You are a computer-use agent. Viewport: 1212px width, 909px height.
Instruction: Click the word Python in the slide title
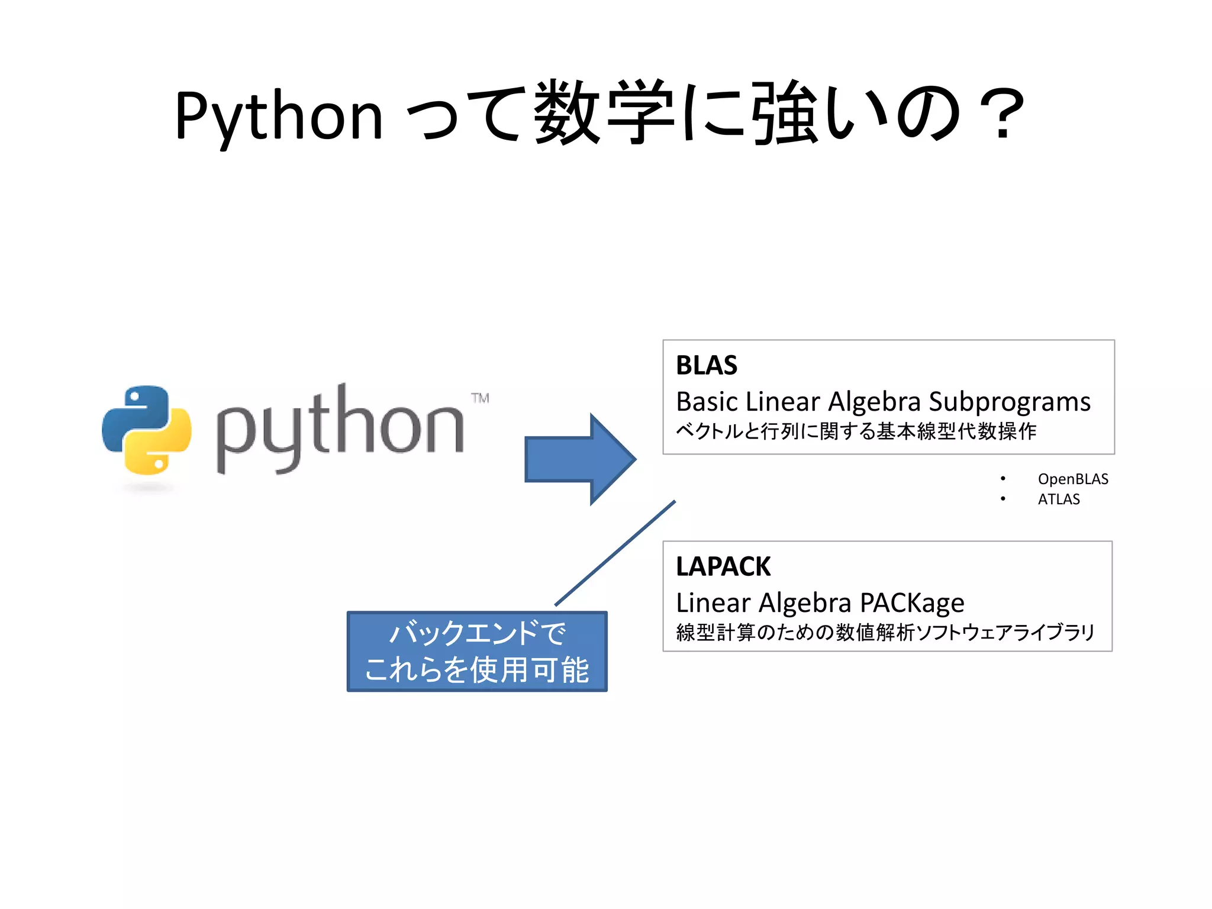(279, 116)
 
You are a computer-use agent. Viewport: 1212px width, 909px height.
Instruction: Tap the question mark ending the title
(1001, 114)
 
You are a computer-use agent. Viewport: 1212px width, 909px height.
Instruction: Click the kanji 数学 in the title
(604, 112)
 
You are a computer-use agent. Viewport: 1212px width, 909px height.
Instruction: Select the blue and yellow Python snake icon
(147, 430)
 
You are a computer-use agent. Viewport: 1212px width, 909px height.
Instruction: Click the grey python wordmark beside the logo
(340, 429)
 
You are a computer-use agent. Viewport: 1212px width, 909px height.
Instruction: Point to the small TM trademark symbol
(480, 398)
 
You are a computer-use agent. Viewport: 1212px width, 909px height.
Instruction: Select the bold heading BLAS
(707, 365)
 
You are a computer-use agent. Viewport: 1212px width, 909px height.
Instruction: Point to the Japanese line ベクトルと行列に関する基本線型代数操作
(856, 431)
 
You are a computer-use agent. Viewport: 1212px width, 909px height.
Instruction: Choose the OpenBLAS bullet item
(1072, 479)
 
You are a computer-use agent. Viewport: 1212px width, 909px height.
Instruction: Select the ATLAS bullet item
(1058, 499)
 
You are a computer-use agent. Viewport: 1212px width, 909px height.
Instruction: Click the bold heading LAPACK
(723, 566)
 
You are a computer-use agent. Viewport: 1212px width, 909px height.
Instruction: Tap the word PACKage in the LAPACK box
(912, 603)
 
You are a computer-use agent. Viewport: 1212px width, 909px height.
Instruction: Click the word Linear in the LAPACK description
(713, 603)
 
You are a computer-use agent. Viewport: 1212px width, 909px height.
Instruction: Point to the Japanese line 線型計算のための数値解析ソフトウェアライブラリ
(885, 632)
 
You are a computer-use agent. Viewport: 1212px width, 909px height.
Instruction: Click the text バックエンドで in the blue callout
(477, 633)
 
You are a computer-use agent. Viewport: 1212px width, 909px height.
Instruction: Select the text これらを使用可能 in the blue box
(477, 670)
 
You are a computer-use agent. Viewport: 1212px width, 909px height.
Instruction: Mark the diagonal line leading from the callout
(615, 553)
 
